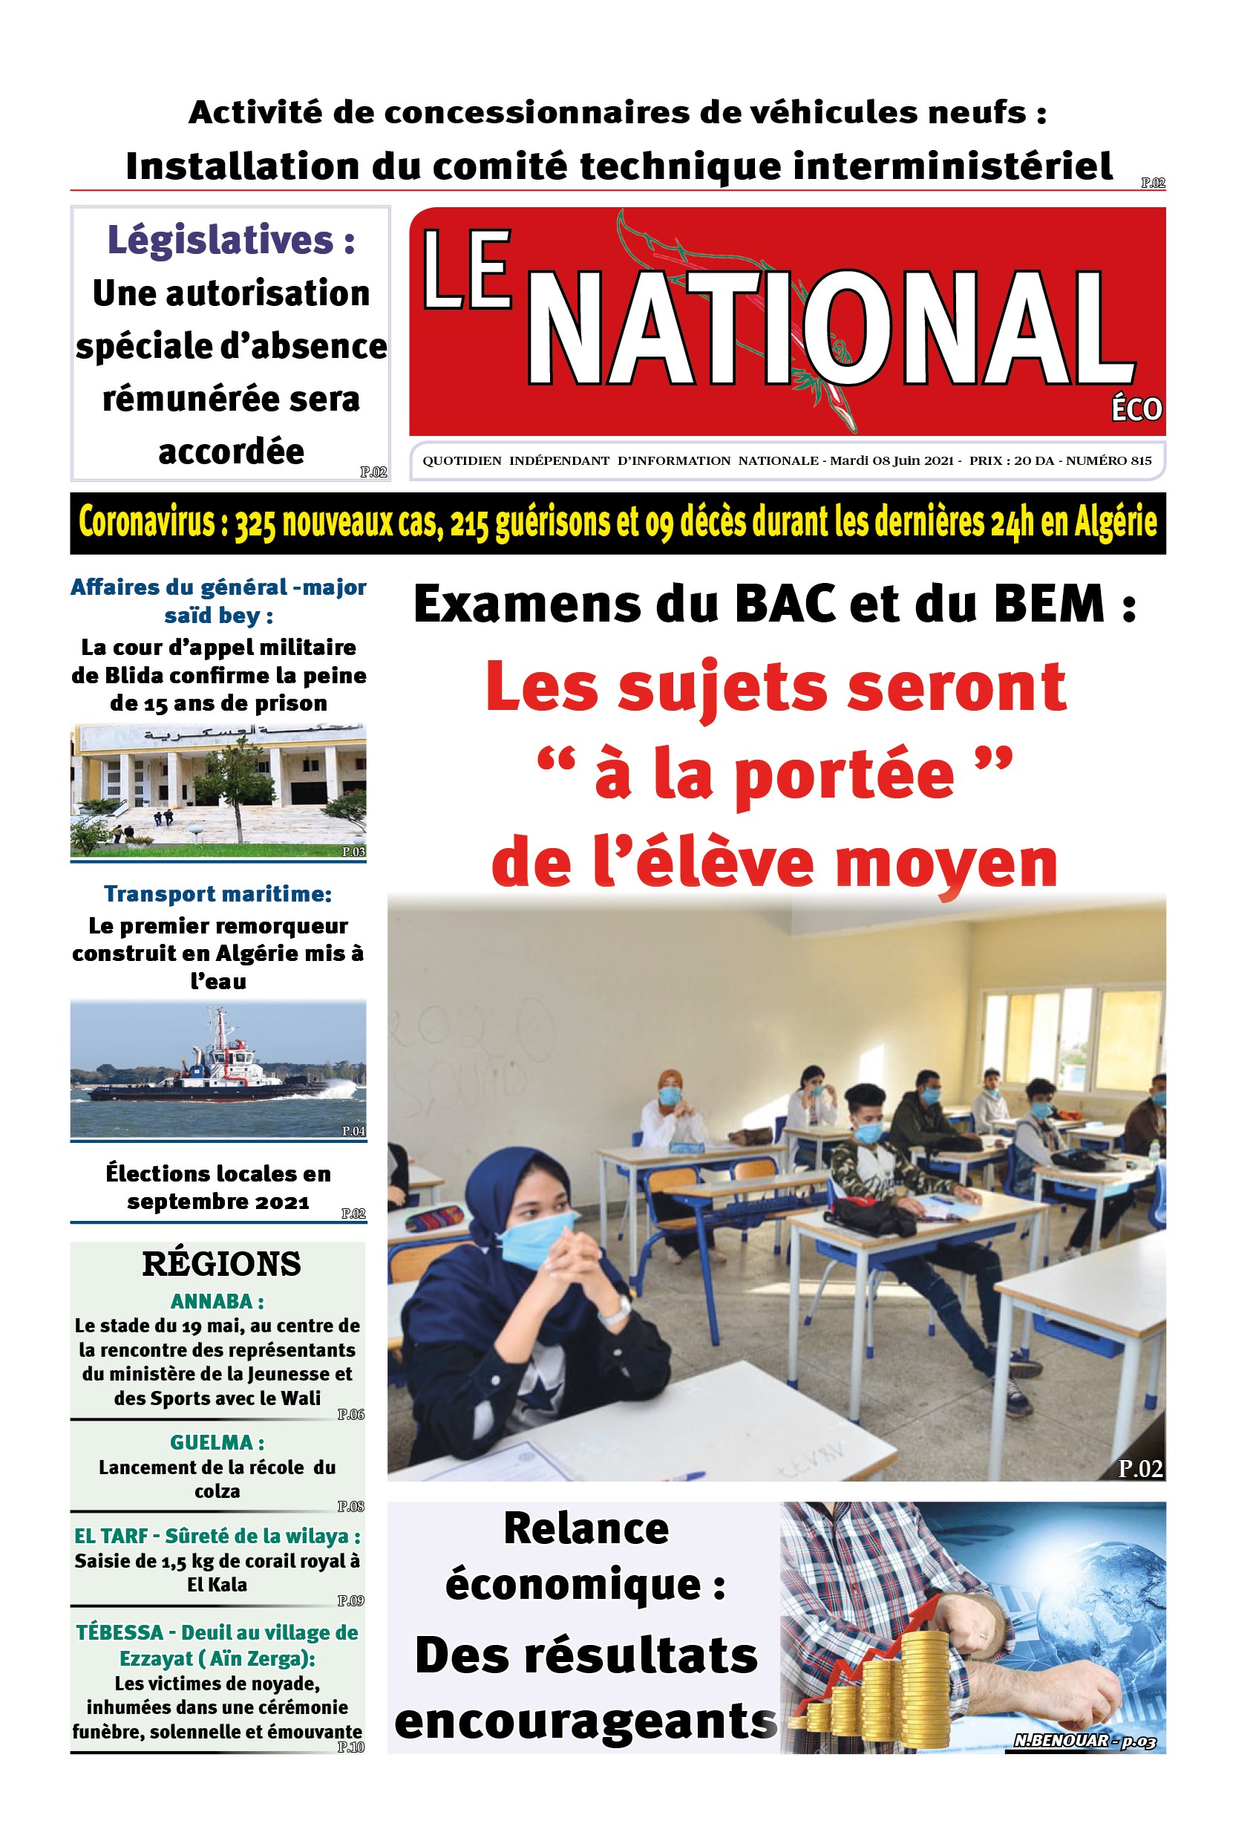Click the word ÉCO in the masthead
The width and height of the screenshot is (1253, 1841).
pos(1136,409)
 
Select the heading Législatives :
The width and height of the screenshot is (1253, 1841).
pos(230,240)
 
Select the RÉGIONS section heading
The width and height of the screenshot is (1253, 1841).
pos(221,1264)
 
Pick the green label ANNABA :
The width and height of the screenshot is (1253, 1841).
pos(217,1302)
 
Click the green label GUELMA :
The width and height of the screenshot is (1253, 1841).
pos(217,1442)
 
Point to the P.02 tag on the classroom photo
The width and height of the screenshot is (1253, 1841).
pos(1139,1470)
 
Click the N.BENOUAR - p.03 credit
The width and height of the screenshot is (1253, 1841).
pos(1084,1741)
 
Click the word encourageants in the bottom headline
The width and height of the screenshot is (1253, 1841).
pos(586,1723)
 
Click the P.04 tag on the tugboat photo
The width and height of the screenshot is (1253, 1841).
pos(353,1130)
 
